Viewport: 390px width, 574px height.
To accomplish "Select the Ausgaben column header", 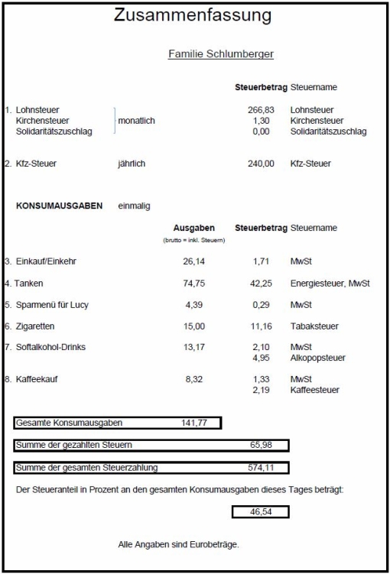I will tap(194, 228).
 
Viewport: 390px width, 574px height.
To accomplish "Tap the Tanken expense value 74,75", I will tap(194, 284).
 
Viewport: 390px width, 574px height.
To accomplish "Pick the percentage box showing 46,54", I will tap(260, 511).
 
